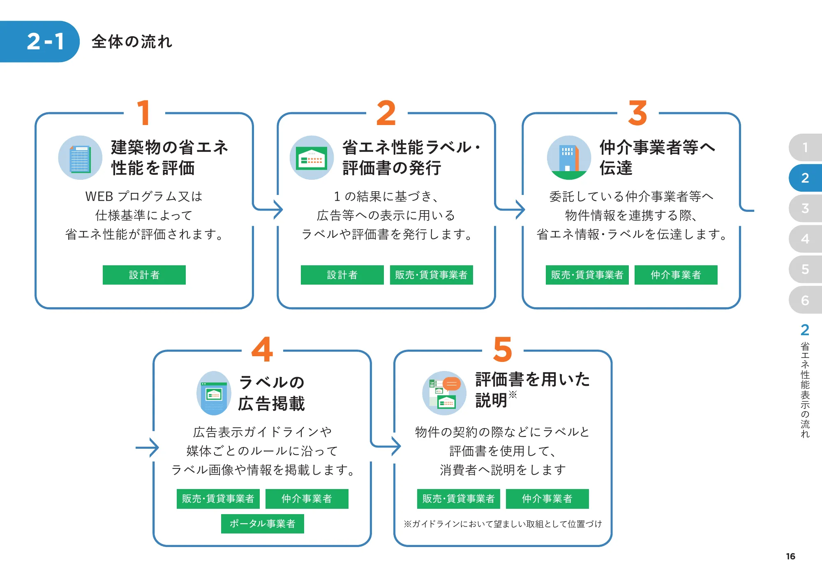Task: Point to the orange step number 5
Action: click(503, 350)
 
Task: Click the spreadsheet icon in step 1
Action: click(80, 158)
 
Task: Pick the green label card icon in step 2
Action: click(312, 158)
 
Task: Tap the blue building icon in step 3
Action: click(569, 158)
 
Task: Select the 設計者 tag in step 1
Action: click(144, 275)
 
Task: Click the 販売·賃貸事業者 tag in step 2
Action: click(431, 275)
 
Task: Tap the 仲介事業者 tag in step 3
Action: click(676, 275)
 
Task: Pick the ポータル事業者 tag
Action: click(262, 524)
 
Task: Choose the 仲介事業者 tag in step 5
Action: click(547, 499)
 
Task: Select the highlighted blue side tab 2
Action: click(805, 178)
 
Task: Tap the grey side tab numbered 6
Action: click(805, 300)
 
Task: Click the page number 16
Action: click(790, 556)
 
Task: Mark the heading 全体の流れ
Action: click(132, 42)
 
